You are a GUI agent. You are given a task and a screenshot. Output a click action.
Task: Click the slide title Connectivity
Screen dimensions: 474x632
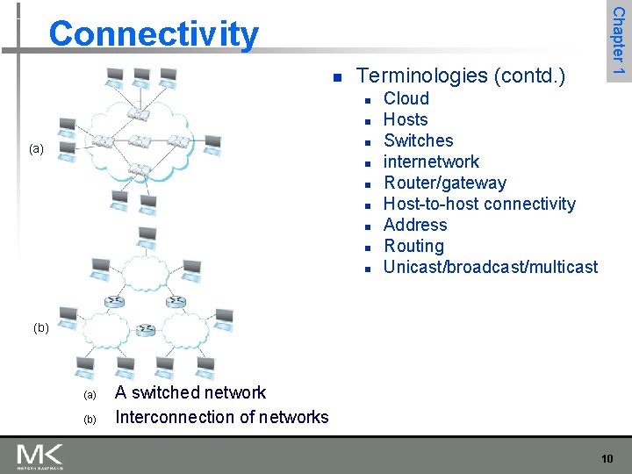click(x=154, y=35)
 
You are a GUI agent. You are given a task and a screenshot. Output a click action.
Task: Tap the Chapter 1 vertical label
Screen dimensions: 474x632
click(x=618, y=40)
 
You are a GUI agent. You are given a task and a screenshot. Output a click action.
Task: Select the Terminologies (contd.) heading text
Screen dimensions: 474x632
click(x=462, y=75)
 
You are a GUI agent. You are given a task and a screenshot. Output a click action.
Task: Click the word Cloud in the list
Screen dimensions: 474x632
click(x=406, y=98)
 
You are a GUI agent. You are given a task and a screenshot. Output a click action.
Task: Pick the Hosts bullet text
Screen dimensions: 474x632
click(x=406, y=119)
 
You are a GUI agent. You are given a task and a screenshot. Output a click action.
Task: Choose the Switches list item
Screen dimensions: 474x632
click(x=419, y=140)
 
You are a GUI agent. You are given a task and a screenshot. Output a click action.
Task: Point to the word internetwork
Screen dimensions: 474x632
click(x=432, y=162)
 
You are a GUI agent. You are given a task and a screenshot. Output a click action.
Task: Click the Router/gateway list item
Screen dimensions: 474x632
click(x=445, y=183)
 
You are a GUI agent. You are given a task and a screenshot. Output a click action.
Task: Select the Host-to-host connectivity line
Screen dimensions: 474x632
click(x=479, y=204)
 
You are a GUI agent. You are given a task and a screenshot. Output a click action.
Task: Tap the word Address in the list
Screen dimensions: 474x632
click(x=415, y=225)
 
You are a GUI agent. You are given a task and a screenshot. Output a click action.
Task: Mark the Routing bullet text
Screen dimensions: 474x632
click(x=413, y=246)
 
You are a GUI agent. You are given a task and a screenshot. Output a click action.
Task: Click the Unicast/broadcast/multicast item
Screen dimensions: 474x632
click(x=491, y=267)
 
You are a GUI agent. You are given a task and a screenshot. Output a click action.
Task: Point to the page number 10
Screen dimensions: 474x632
click(x=607, y=458)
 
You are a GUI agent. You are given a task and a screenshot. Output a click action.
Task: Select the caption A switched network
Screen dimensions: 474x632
click(x=190, y=392)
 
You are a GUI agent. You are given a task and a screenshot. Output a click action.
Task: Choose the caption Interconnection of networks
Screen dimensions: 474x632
click(x=221, y=417)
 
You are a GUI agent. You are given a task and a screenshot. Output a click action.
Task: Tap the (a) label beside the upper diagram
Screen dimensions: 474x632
click(x=36, y=149)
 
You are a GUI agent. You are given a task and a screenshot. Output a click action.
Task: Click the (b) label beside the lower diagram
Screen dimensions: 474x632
click(x=40, y=328)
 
